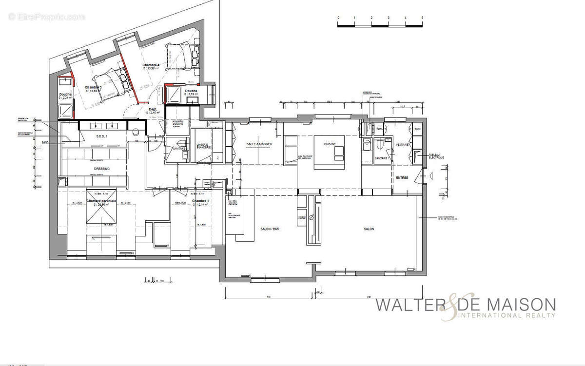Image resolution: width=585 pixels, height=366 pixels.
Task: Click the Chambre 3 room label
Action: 93,87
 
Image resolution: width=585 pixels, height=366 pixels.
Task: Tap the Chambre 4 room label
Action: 151,65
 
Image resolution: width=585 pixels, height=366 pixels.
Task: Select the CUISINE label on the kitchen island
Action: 331,144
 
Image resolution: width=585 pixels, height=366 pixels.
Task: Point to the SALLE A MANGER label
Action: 259,145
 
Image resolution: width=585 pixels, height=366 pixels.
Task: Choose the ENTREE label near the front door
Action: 402,178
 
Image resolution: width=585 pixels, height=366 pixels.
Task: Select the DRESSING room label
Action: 101,169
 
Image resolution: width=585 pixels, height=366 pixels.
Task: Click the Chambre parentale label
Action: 101,201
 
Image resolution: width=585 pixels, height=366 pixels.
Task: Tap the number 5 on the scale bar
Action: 423,18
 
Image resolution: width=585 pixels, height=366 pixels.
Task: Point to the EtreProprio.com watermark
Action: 46,17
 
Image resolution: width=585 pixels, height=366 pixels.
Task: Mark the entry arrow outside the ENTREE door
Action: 430,176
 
